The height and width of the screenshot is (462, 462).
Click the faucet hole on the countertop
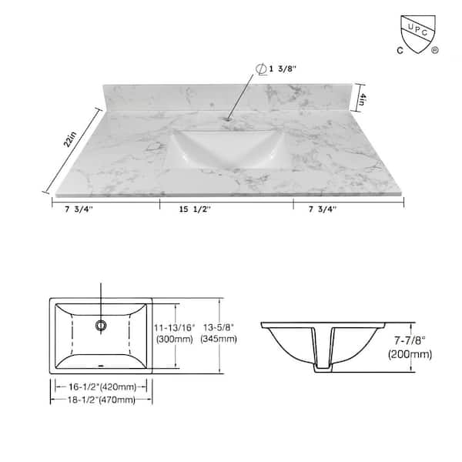(x=229, y=119)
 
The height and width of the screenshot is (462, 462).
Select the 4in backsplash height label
(x=370, y=99)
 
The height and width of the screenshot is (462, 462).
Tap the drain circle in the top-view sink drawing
(x=101, y=326)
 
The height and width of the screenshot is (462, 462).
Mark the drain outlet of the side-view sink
(x=323, y=370)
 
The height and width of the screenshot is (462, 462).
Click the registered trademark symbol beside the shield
(x=435, y=52)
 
